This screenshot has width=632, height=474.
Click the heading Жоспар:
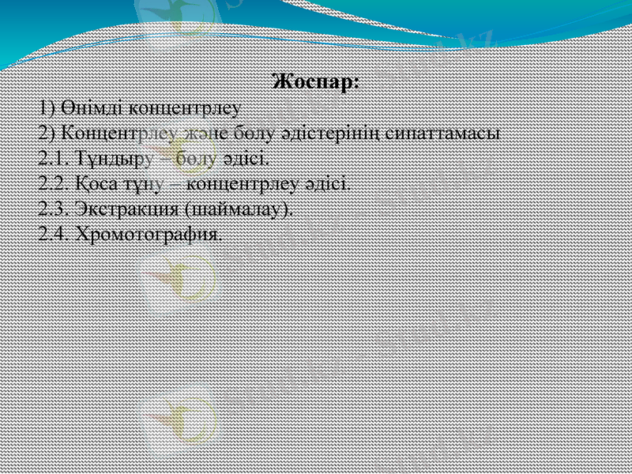tap(315, 81)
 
